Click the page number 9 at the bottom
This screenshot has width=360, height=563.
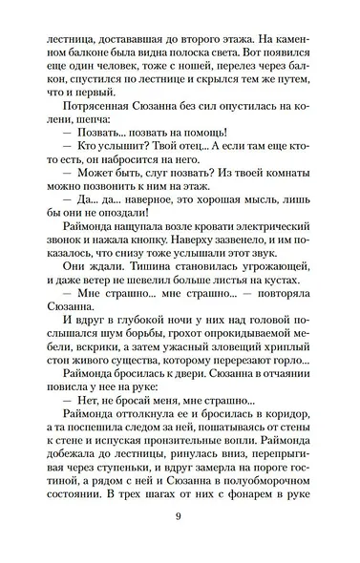pos(180,519)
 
